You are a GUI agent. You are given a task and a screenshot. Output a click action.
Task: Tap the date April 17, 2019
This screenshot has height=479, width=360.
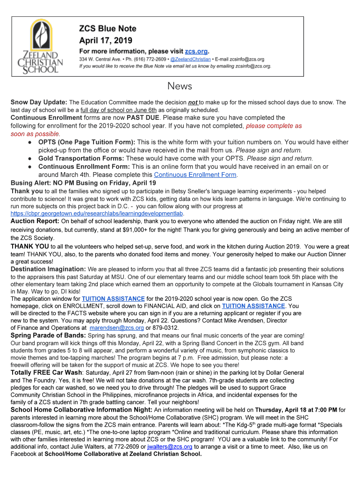point(106,41)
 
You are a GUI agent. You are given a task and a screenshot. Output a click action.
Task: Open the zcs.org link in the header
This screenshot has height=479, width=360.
point(196,51)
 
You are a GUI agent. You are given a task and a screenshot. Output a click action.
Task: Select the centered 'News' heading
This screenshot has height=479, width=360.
point(180,86)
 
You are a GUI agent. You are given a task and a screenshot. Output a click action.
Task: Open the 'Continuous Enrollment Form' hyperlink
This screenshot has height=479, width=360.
point(195,175)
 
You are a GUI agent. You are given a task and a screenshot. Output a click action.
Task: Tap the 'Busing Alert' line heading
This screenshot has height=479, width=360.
point(83,183)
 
